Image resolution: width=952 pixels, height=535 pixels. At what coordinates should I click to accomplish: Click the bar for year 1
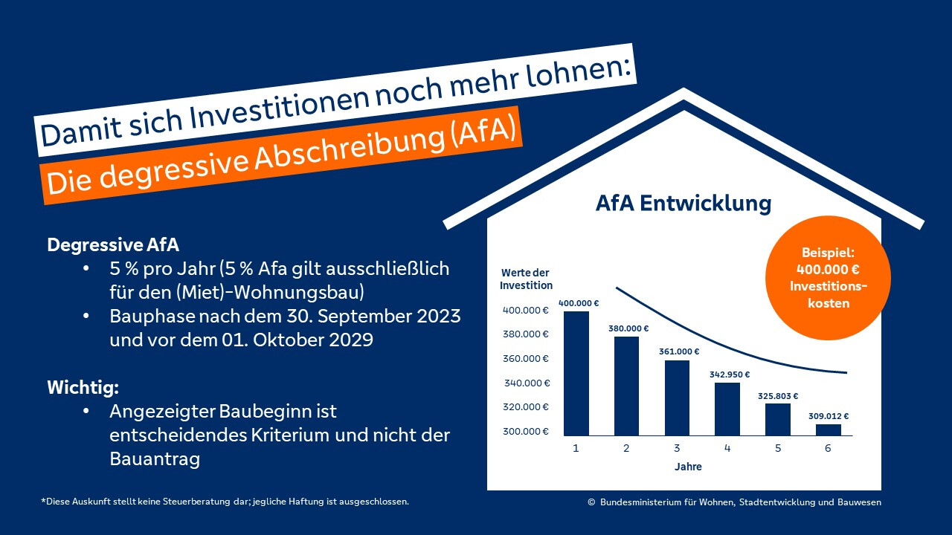coord(576,373)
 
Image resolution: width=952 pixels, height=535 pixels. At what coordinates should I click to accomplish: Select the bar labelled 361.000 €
coord(677,398)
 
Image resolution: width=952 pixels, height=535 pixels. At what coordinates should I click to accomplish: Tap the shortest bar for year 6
coord(828,429)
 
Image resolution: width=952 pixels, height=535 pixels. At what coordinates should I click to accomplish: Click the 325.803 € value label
coord(778,395)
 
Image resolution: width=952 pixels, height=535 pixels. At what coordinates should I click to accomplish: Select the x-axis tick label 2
coord(626,448)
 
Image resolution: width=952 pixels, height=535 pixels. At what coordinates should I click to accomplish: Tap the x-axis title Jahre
coord(688,467)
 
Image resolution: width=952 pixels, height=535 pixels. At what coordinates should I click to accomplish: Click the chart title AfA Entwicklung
coord(684,204)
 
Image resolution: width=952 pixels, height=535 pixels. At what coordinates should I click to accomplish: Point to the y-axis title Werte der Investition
coord(526,279)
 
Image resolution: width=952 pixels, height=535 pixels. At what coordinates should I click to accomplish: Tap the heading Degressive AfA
coord(113,244)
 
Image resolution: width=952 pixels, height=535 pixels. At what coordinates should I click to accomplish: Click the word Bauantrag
coord(155,459)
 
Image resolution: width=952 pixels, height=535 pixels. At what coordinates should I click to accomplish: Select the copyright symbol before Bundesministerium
coord(591,502)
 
